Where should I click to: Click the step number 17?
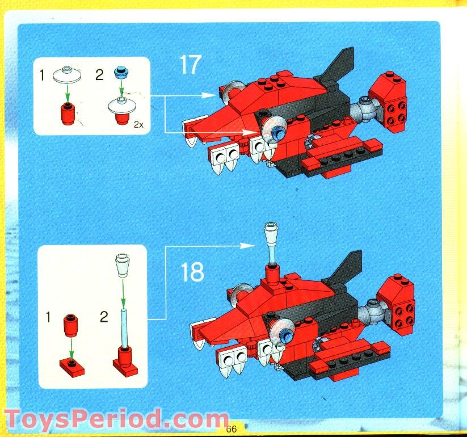pyautogui.click(x=190, y=65)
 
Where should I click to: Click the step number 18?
pyautogui.click(x=192, y=272)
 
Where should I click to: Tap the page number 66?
pyautogui.click(x=231, y=429)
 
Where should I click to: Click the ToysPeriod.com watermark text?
pyautogui.click(x=113, y=421)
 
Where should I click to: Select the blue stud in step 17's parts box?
pyautogui.click(x=120, y=72)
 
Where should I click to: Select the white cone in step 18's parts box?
pyautogui.click(x=123, y=265)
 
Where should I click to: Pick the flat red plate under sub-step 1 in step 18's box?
pyautogui.click(x=71, y=367)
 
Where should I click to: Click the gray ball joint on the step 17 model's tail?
pyautogui.click(x=363, y=109)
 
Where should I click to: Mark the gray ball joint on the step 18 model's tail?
pyautogui.click(x=372, y=312)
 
